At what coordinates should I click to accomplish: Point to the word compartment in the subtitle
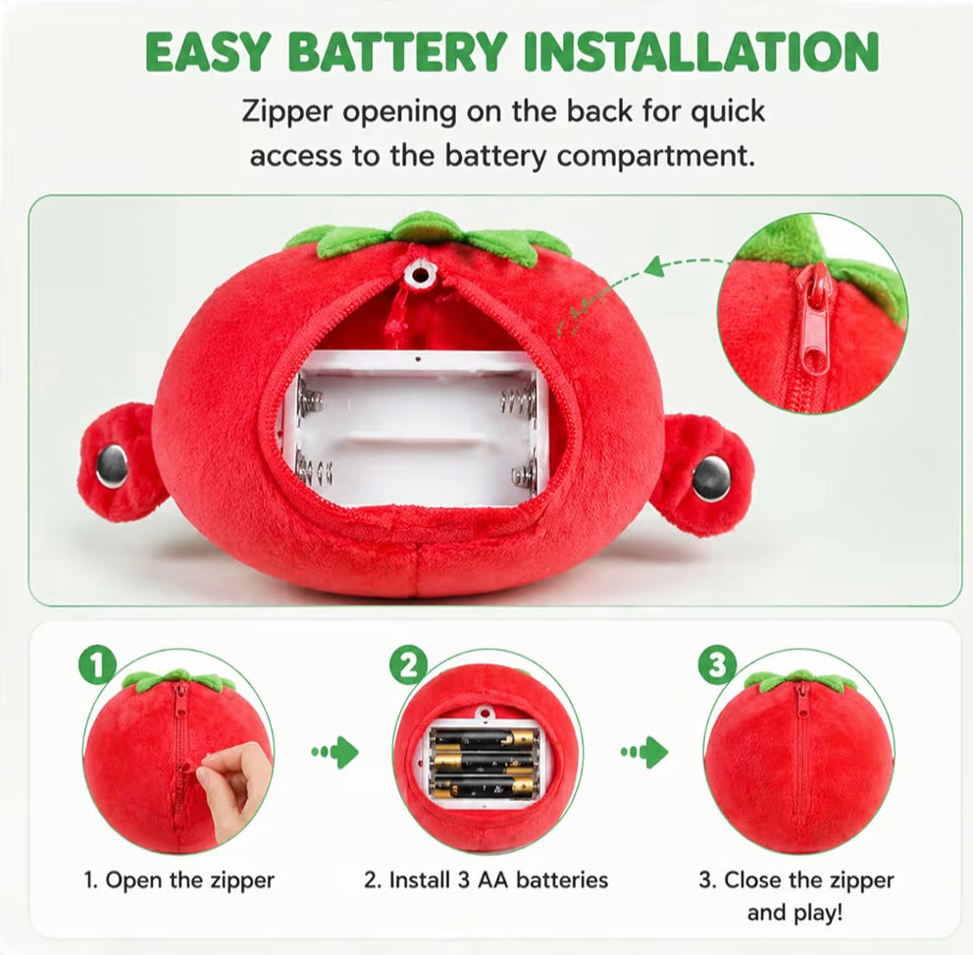[656, 156]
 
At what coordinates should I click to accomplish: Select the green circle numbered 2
[408, 665]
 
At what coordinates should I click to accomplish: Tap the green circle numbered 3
[717, 665]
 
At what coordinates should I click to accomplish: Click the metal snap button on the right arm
[711, 477]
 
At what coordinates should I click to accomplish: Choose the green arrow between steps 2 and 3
[644, 753]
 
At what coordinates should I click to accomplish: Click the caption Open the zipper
[179, 880]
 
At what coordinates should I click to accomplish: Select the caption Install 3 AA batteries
[486, 880]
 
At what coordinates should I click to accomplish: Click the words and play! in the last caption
[794, 914]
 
